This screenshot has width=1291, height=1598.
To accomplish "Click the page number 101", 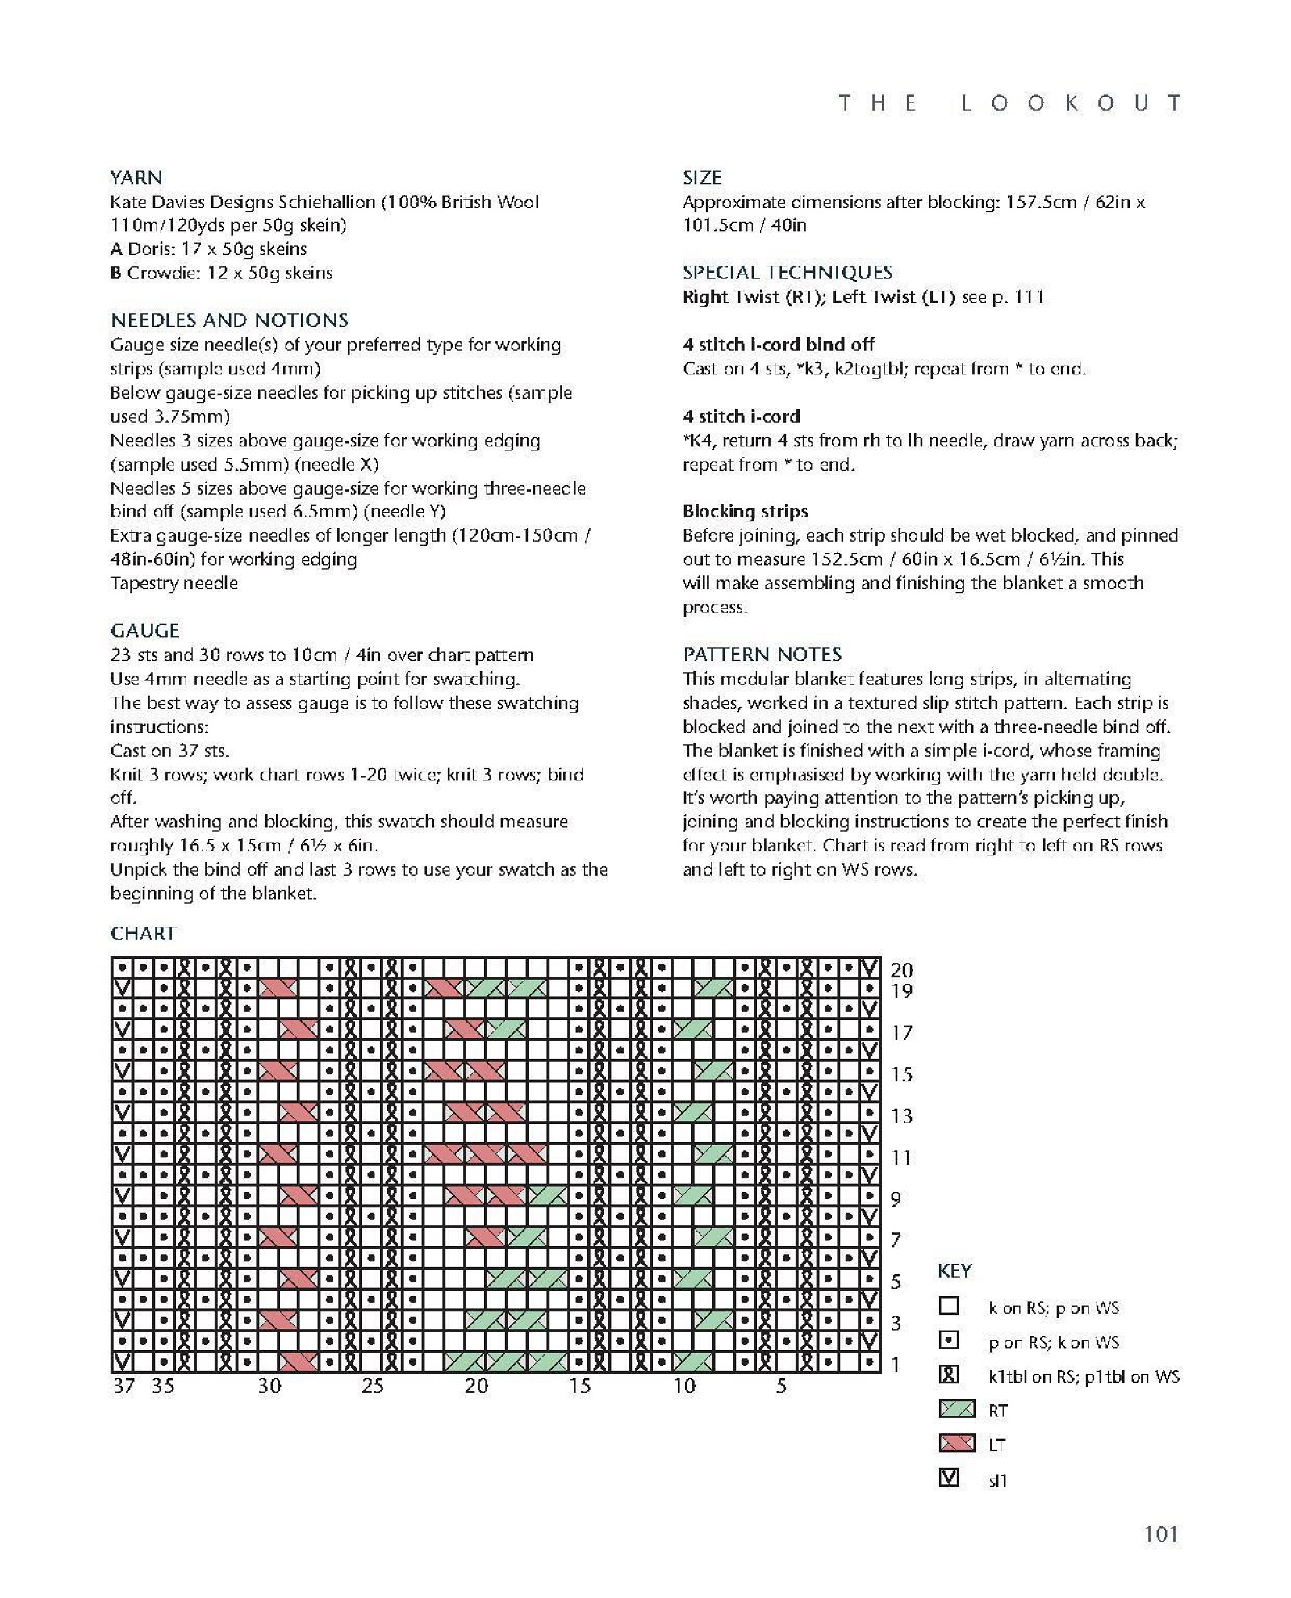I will [1160, 1533].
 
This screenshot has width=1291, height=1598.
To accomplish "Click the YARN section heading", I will [136, 178].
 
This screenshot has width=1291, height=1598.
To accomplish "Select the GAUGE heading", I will [145, 630].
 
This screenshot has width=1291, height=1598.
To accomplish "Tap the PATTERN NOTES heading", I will [762, 654].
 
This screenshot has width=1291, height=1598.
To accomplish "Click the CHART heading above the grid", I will [144, 933].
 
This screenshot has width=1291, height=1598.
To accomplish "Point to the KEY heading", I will [955, 1270].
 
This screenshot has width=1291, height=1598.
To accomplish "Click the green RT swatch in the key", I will [957, 1409].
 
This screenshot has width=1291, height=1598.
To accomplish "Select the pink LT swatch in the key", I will [957, 1443].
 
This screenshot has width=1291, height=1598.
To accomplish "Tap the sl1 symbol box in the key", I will [950, 1478].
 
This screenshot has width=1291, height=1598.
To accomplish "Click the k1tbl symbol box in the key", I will [950, 1374].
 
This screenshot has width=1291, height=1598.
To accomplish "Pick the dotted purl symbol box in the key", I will [950, 1340].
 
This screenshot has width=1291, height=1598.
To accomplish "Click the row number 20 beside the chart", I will [901, 969].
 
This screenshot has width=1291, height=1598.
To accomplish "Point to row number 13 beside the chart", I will [901, 1115].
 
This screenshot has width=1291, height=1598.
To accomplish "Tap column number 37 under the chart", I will [123, 1386].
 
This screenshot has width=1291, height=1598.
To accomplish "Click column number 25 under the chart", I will [372, 1386].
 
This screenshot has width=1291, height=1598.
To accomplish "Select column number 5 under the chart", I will [781, 1386].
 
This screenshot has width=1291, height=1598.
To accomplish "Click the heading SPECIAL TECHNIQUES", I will [788, 272].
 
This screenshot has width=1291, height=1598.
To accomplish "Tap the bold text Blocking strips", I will [745, 511].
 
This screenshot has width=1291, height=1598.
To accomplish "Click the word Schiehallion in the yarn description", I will [327, 202].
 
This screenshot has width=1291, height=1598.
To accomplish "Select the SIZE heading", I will [702, 178].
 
